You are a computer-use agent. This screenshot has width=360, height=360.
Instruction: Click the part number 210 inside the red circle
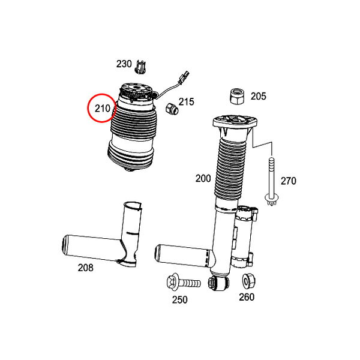(103, 109)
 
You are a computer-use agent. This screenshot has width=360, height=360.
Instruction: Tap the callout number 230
(124, 64)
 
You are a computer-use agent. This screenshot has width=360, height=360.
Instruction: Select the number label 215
(187, 102)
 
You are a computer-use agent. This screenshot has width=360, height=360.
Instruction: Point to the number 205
(258, 96)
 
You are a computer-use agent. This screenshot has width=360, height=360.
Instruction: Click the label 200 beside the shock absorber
(203, 178)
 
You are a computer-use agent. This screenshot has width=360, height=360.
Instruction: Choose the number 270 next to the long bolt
(289, 181)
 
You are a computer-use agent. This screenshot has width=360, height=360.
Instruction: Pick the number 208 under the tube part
(85, 268)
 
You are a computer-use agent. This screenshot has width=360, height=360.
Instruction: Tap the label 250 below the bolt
(180, 299)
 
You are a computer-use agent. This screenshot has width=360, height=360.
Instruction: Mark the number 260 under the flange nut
(247, 297)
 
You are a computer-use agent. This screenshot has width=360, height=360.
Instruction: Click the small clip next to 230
(140, 67)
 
